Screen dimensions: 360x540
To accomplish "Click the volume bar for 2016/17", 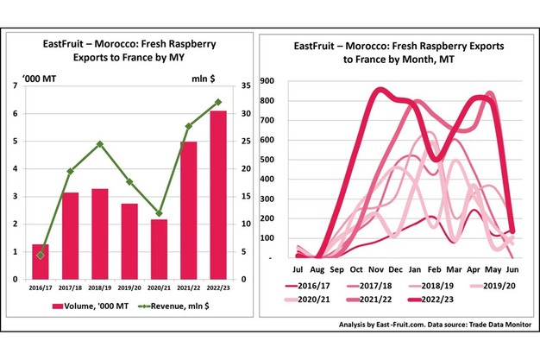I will pos(40,262).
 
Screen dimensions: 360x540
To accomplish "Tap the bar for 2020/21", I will pos(160,249).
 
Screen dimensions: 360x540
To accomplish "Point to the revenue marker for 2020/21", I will pos(160,213).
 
